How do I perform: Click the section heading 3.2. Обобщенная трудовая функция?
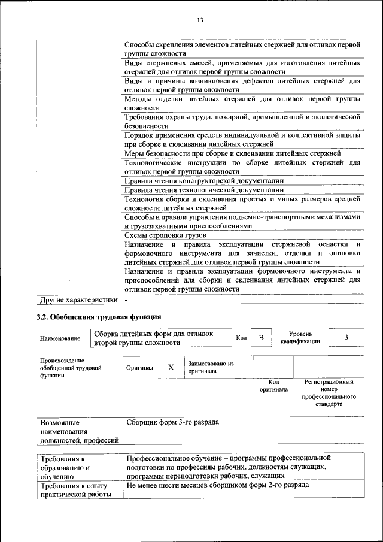click(99, 316)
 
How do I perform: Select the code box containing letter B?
click(260, 338)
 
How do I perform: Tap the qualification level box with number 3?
click(346, 338)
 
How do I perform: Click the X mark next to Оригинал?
click(171, 368)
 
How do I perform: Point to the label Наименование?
click(60, 339)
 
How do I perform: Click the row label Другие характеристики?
click(78, 298)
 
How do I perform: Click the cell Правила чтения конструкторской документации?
click(203, 180)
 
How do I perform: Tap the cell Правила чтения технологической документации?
click(203, 190)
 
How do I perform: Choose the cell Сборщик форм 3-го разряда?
click(172, 423)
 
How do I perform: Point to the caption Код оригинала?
click(273, 385)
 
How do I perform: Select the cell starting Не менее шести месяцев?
click(218, 485)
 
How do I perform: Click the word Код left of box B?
click(241, 338)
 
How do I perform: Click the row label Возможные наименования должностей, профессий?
click(78, 431)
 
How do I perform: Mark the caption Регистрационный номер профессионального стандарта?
click(329, 393)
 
